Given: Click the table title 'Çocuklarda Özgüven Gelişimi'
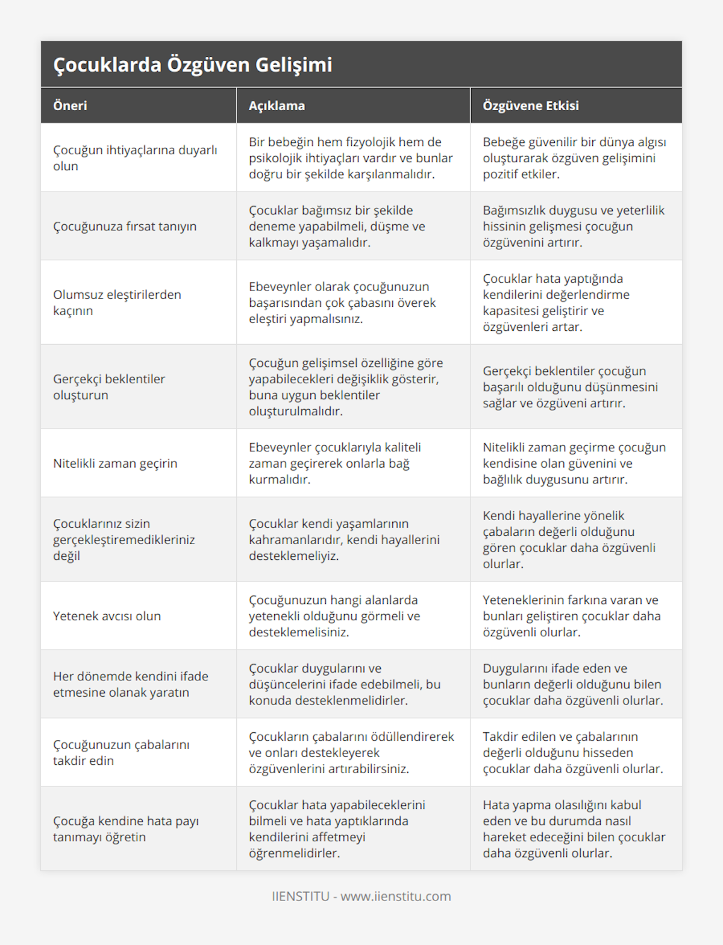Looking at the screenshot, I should click(193, 64).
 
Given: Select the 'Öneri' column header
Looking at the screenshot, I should click(70, 105).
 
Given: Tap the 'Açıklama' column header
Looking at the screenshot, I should click(277, 105).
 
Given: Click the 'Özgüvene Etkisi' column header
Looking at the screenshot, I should click(530, 105).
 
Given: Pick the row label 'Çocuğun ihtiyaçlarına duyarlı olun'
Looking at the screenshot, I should click(135, 158).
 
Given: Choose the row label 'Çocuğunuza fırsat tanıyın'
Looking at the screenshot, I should click(125, 226).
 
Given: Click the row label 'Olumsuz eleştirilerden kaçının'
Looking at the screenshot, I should click(117, 303).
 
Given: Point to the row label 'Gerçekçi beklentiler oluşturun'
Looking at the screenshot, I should click(109, 387).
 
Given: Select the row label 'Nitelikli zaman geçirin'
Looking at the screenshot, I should click(115, 463).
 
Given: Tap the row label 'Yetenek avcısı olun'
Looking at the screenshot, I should click(107, 616).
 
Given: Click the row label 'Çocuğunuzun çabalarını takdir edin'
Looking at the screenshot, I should click(121, 752).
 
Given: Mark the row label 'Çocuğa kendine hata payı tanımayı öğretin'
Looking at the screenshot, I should click(126, 829).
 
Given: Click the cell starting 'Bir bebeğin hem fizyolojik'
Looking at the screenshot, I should click(351, 158).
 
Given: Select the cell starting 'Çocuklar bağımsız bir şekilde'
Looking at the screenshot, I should click(337, 226).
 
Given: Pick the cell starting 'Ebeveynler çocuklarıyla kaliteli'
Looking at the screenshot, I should click(335, 463).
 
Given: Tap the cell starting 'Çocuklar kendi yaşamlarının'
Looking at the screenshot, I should click(344, 539).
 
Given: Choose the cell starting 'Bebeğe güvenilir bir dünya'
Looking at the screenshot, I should click(574, 158).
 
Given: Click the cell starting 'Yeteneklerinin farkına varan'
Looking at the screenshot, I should click(572, 616).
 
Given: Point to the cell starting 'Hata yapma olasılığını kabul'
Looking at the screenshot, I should click(574, 829).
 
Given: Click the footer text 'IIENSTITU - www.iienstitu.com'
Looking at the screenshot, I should click(361, 896).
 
